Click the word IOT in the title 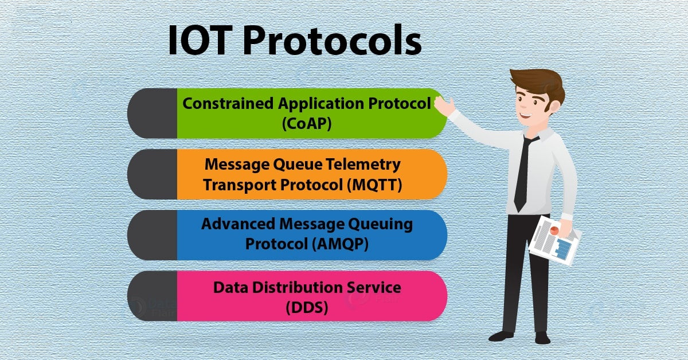tap(199, 41)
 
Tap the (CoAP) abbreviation tap(307, 124)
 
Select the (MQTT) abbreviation tap(374, 185)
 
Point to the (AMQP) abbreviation tap(340, 244)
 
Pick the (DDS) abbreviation tap(307, 307)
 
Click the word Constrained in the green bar tap(228, 104)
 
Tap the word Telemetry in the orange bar tap(363, 165)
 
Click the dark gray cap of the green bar tap(153, 114)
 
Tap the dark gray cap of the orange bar tap(153, 174)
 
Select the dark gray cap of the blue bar tap(153, 235)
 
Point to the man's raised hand tap(444, 106)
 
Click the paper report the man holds tap(555, 241)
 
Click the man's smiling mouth tap(526, 115)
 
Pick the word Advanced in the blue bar tap(238, 224)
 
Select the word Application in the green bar tap(320, 104)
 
